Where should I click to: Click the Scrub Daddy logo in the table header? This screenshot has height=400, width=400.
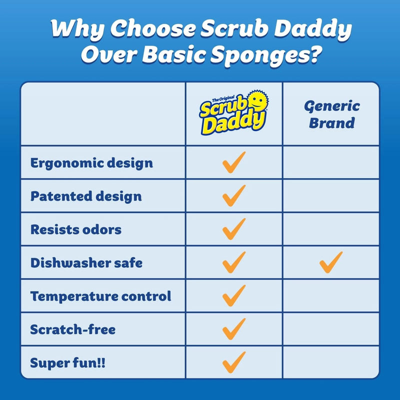click(233, 113)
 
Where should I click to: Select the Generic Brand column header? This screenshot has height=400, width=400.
click(331, 114)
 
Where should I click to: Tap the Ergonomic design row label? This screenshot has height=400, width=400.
click(91, 163)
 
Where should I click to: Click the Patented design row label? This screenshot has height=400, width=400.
click(86, 196)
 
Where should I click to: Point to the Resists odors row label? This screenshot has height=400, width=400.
click(76, 229)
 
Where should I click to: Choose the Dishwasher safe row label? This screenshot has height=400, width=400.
click(86, 262)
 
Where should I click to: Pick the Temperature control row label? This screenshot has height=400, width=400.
click(100, 295)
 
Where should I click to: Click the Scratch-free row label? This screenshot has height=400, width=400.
click(73, 329)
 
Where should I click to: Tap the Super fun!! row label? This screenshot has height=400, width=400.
click(68, 362)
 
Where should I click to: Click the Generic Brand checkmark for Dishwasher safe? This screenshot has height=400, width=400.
click(331, 262)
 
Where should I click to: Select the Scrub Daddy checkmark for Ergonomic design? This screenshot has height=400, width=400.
click(234, 162)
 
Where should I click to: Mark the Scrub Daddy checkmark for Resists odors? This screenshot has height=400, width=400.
click(234, 229)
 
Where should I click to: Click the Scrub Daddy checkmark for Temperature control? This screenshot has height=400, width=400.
click(234, 295)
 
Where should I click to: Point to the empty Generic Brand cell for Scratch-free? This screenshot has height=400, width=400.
click(331, 329)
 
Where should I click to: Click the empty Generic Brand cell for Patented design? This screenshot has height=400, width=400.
click(331, 196)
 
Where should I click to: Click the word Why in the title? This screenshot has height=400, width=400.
click(75, 30)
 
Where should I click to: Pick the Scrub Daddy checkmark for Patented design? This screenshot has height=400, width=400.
click(234, 195)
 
